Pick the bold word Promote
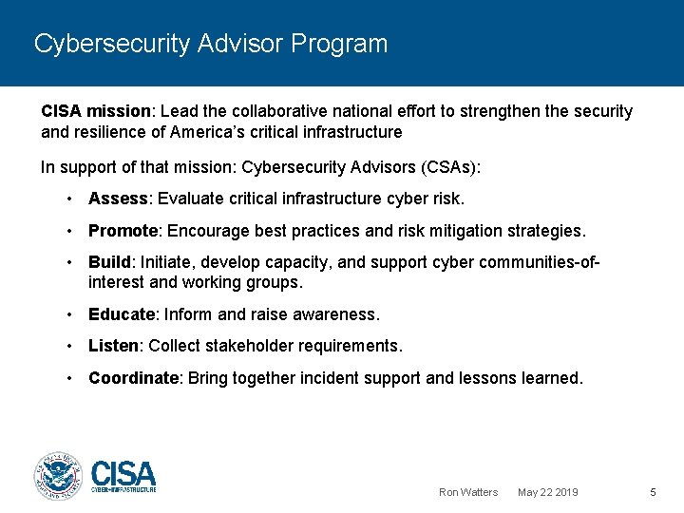coord(123,231)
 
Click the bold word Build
coord(110,262)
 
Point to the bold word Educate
coord(122,313)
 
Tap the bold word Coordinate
coord(134,378)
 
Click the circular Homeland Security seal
coord(59,475)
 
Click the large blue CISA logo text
coord(123,472)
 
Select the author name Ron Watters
coord(468,492)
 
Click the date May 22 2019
coord(548,492)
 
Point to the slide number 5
coord(653,492)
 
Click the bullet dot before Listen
coord(70,346)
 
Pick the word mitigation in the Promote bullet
coord(441,231)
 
